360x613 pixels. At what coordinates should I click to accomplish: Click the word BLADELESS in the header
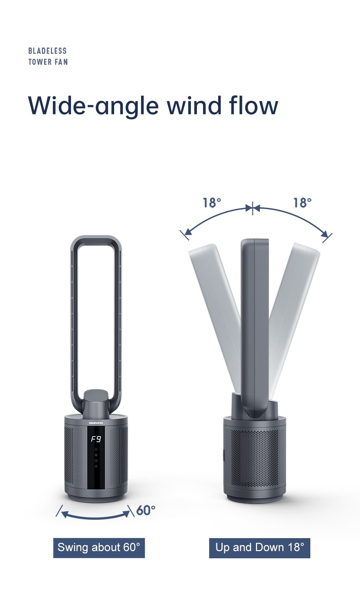[48, 51]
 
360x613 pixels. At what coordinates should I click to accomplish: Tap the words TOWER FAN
[48, 62]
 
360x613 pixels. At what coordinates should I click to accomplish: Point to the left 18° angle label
[212, 203]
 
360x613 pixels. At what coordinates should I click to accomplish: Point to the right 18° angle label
[302, 203]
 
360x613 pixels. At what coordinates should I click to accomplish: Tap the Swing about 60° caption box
[99, 548]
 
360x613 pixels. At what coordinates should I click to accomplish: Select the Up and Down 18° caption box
[260, 548]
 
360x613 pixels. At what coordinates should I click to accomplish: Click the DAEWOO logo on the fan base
[96, 423]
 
